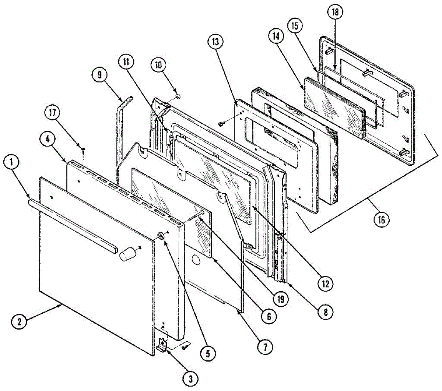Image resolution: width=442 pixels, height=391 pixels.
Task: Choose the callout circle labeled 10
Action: tap(158, 65)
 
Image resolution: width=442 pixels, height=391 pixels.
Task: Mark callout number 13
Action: tap(215, 42)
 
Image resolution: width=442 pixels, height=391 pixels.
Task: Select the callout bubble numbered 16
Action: tap(381, 220)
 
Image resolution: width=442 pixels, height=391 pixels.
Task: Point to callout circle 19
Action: tap(281, 299)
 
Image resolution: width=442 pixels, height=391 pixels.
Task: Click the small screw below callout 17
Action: tap(83, 149)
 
